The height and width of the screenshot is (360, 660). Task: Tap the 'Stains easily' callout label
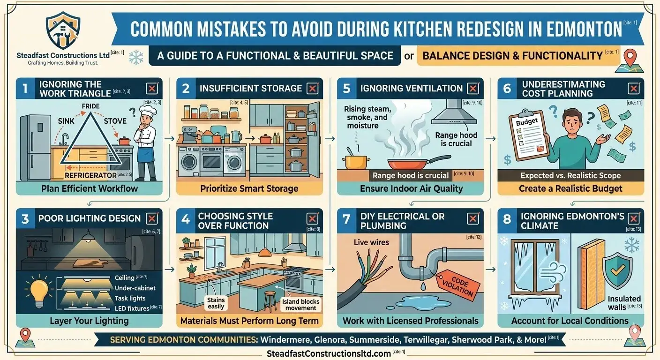point(216,303)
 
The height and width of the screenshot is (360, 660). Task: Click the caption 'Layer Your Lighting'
point(89,321)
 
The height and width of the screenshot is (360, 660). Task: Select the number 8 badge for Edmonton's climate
point(507,219)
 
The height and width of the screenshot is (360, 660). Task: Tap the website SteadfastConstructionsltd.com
point(322,353)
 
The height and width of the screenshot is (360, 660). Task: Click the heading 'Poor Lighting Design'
point(90,218)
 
